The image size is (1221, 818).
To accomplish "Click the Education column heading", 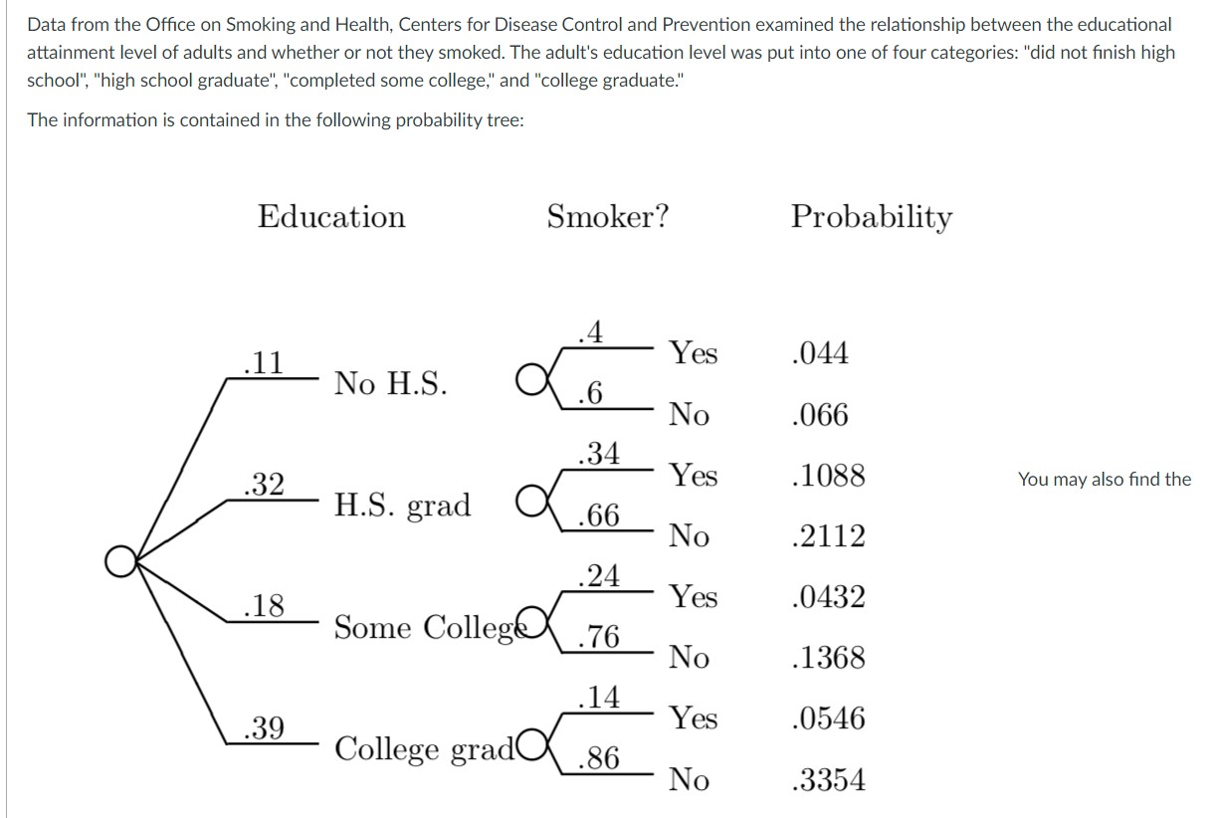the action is [331, 217].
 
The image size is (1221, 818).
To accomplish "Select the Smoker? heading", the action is [607, 217].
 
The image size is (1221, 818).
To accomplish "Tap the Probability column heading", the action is [872, 218].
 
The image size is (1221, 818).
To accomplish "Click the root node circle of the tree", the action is [120, 562].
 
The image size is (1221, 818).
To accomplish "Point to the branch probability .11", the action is [264, 362].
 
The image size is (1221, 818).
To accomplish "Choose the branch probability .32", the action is [264, 485].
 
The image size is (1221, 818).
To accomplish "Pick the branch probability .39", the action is [264, 728].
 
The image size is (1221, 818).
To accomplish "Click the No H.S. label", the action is [391, 383].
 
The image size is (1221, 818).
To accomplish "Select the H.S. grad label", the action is [402, 506].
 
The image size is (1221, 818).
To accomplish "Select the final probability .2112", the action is [826, 536].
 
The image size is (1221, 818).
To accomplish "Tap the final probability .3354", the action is [826, 780].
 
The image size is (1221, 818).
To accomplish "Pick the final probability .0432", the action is [826, 597].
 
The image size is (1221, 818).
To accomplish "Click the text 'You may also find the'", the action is [1104, 480].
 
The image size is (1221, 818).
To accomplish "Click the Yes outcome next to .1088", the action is [693, 476].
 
